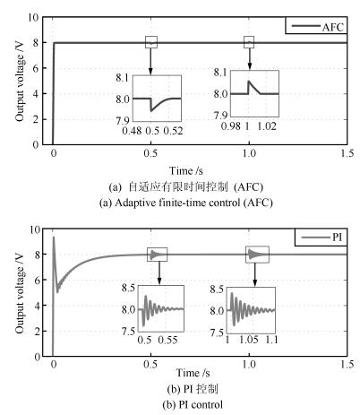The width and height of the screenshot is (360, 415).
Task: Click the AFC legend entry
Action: [x=317, y=27]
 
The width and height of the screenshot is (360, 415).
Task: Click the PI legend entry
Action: [x=321, y=238]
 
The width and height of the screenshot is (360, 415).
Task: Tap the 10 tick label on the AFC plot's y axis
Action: [x=34, y=18]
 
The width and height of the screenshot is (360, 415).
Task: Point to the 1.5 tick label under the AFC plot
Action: [x=347, y=153]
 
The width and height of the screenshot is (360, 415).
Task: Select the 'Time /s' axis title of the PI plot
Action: [x=193, y=373]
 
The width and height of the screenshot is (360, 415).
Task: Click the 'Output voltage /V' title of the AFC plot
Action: [x=20, y=81]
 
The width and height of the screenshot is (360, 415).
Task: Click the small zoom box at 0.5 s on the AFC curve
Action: [x=151, y=42]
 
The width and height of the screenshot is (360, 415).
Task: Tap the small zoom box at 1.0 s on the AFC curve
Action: [x=249, y=42]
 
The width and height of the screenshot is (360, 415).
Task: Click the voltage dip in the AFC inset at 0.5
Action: [x=151, y=111]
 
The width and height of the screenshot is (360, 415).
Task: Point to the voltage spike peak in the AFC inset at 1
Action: [x=249, y=81]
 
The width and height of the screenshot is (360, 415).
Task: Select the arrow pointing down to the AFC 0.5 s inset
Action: [x=150, y=61]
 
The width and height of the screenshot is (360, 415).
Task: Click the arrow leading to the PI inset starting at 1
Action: [x=254, y=274]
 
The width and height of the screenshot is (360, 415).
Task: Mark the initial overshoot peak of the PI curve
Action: [x=54, y=237]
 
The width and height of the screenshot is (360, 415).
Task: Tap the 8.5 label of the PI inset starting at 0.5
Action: [x=128, y=289]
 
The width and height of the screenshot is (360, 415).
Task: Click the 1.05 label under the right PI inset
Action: [x=249, y=340]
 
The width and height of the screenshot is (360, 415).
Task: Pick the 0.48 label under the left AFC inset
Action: [x=132, y=131]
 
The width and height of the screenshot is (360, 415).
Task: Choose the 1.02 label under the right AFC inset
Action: [x=267, y=126]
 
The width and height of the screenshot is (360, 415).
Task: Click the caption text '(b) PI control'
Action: [x=193, y=404]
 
